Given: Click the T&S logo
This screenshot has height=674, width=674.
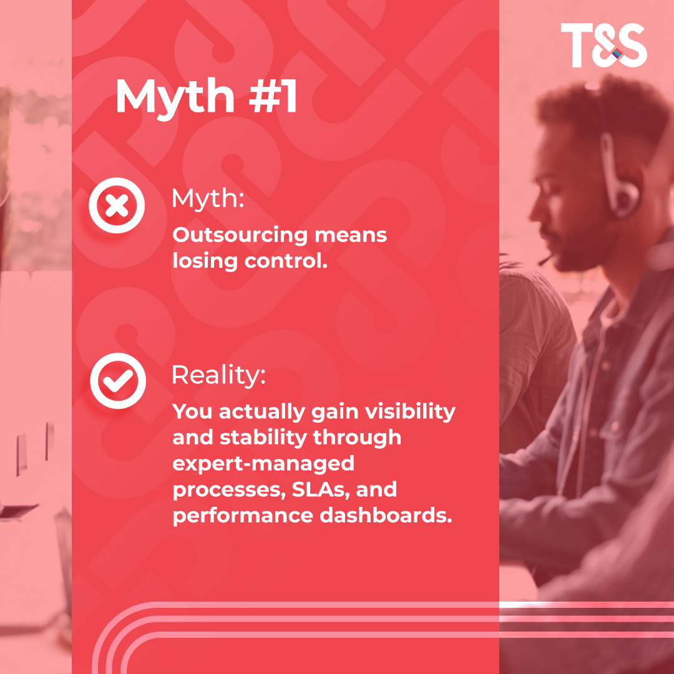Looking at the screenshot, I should pyautogui.click(x=603, y=46).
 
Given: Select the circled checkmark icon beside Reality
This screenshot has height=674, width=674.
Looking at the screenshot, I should pyautogui.click(x=117, y=381).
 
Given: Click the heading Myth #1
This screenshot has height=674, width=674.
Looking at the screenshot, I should pyautogui.click(x=206, y=97).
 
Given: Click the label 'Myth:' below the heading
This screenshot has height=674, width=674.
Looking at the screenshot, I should pyautogui.click(x=207, y=199).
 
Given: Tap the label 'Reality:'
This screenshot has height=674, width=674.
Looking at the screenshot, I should pyautogui.click(x=218, y=374).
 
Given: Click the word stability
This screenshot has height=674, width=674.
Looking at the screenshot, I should pyautogui.click(x=263, y=437).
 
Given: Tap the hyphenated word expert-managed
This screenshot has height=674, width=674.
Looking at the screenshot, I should pyautogui.click(x=263, y=464).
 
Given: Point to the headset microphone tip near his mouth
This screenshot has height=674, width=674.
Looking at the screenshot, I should pyautogui.click(x=542, y=260).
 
